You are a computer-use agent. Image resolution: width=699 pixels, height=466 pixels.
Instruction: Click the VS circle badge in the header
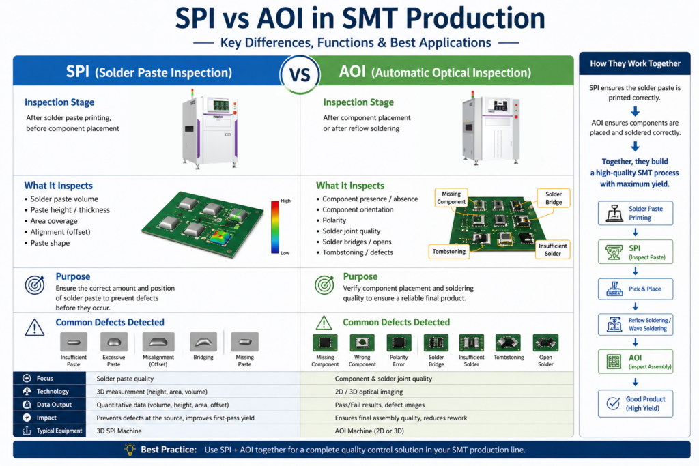tap(300, 74)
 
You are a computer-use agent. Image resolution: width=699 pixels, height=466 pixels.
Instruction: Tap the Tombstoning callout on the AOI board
tap(448, 252)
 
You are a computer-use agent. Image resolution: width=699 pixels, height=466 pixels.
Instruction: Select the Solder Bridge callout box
tap(553, 198)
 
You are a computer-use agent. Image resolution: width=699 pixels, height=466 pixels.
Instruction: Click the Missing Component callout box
tap(451, 198)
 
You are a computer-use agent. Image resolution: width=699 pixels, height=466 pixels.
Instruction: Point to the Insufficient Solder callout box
tap(552, 250)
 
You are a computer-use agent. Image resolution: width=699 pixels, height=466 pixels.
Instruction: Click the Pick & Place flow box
tap(636, 289)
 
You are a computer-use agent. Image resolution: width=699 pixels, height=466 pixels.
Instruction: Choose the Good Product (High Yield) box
tap(636, 404)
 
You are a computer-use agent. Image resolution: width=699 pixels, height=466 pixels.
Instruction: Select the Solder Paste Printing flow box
tap(636, 213)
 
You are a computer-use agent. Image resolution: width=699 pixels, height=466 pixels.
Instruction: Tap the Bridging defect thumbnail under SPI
tap(203, 342)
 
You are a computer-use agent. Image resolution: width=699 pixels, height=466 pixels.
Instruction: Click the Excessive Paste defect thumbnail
tap(114, 342)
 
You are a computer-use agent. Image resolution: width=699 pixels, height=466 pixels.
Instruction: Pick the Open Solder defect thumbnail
tap(545, 343)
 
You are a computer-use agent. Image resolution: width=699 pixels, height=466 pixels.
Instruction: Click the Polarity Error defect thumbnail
tap(399, 343)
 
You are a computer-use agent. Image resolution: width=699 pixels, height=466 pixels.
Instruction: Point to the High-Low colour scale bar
tap(275, 227)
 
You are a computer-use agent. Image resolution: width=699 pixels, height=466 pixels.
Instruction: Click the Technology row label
tap(53, 391)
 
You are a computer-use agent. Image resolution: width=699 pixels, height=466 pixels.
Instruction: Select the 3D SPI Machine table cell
tap(119, 431)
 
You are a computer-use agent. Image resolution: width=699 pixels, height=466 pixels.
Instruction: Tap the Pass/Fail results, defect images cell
tap(380, 405)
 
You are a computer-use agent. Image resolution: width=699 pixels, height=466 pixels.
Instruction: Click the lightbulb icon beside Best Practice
tap(130, 449)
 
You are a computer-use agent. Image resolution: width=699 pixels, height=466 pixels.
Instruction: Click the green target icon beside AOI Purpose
tap(324, 285)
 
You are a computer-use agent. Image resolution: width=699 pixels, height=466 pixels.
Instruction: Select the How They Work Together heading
tap(636, 63)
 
